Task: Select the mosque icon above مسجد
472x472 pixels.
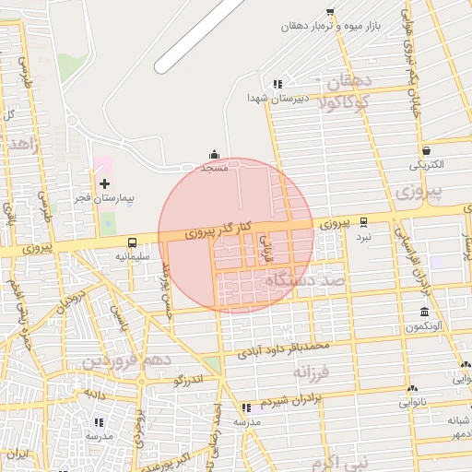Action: (215, 155)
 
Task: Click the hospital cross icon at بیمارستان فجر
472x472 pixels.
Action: (103, 184)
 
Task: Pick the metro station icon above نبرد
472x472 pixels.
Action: (363, 221)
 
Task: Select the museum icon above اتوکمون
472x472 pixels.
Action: (423, 312)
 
